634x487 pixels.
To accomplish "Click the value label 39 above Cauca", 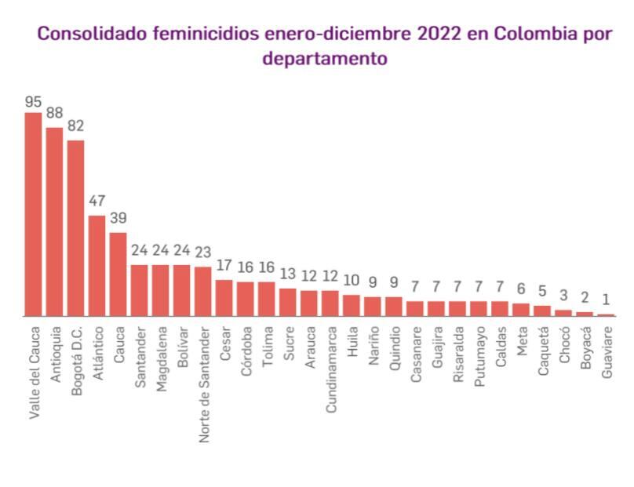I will [x=118, y=218].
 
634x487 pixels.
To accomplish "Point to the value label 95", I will [x=33, y=102].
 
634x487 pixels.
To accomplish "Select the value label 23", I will [x=202, y=253].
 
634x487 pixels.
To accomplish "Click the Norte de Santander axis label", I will [x=203, y=383].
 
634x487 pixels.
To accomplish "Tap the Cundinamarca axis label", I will [x=330, y=368].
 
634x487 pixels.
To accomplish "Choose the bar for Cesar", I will [x=224, y=297].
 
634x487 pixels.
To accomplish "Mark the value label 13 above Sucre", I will [x=288, y=274].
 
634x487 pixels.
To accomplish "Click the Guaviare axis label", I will [x=607, y=354].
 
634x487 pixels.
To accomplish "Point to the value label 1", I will [x=607, y=300].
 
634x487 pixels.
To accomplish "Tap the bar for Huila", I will [x=352, y=305].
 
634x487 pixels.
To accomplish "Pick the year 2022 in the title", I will [x=439, y=35].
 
